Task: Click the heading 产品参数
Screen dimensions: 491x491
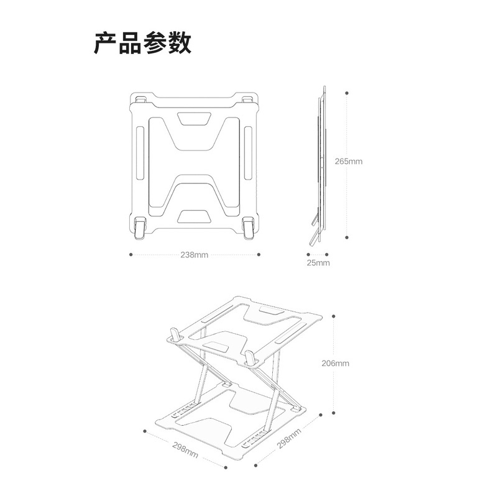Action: (142, 43)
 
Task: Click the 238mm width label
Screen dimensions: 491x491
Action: (194, 255)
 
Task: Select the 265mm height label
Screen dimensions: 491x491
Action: (348, 161)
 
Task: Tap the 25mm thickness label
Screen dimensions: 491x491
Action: (318, 263)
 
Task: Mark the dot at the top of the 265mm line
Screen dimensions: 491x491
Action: (346, 93)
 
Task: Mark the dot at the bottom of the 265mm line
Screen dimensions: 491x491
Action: (346, 236)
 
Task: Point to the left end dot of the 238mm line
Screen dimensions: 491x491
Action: (131, 254)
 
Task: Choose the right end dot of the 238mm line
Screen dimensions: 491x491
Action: (258, 254)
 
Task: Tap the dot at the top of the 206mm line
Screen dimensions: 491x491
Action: (334, 314)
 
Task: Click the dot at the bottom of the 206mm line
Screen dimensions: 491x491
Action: (334, 412)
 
